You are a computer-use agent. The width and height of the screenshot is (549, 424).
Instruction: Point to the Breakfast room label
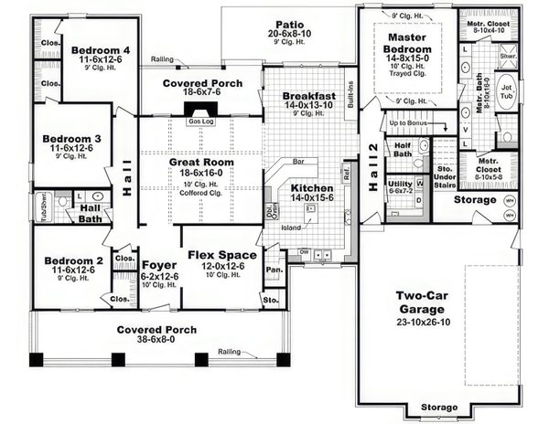point(308,95)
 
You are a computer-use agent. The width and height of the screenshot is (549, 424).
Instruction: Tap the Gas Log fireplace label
point(199,120)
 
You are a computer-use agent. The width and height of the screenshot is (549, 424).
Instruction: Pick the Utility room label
point(401,183)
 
